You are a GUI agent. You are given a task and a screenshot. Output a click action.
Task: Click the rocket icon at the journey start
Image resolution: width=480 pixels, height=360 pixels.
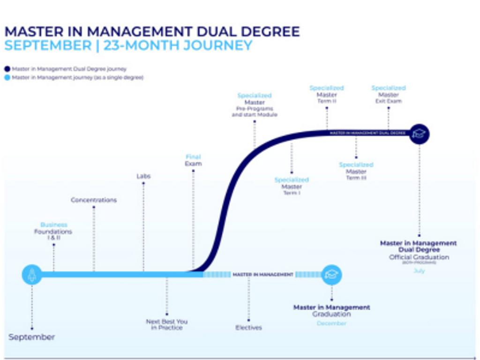tap(32, 275)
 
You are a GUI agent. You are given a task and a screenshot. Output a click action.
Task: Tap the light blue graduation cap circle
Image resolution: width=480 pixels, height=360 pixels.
tap(331, 275)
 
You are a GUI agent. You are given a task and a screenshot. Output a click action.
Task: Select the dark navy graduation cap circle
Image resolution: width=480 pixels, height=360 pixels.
tap(419, 134)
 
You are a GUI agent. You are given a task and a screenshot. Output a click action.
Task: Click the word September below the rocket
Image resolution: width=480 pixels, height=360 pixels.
tap(32, 337)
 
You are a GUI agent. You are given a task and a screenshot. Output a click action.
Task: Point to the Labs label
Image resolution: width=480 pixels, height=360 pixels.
tap(143, 176)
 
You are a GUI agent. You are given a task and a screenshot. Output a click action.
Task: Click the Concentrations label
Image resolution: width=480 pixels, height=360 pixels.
tap(94, 200)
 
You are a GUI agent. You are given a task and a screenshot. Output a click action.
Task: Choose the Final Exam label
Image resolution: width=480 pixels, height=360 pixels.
tap(193, 160)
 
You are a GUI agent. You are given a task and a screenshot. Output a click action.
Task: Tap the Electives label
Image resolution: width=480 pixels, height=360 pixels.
tap(248, 328)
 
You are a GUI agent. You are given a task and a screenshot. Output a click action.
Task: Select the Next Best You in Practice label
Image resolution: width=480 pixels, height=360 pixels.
tap(166, 324)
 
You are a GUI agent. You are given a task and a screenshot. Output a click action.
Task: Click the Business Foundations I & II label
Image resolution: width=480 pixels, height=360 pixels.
tap(53, 231)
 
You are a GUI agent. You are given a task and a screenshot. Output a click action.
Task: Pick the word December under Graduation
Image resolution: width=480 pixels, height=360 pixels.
tap(331, 323)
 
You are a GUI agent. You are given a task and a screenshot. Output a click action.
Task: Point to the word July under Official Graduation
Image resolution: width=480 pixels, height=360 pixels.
tap(419, 271)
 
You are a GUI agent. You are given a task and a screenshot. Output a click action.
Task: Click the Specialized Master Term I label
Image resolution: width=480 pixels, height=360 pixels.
tap(292, 186)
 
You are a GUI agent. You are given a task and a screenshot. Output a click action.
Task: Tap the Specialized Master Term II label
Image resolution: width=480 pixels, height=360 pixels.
tap(327, 94)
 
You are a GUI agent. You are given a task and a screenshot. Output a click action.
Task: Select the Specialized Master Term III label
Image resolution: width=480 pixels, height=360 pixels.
tap(356, 171)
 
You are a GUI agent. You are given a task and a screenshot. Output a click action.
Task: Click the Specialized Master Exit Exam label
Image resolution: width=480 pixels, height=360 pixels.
tap(389, 94)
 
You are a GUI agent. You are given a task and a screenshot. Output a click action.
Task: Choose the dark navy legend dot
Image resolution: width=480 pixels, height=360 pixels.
tap(7, 69)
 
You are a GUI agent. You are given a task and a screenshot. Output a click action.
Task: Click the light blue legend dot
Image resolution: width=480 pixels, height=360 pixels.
tap(7, 77)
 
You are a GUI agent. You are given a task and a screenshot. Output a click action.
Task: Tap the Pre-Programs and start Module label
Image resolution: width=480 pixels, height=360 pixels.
tap(255, 112)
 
